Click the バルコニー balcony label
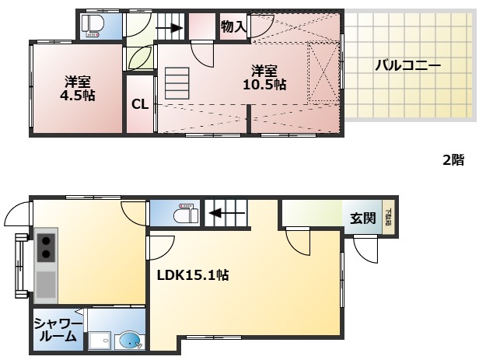click(x=407, y=66)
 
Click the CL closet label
click(x=140, y=103)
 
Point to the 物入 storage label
click(x=233, y=27)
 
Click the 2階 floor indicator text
click(x=453, y=160)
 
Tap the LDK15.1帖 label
click(x=193, y=274)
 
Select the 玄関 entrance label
click(x=362, y=218)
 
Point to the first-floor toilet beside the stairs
click(x=183, y=212)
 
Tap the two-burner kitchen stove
click(x=46, y=246)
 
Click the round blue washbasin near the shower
click(x=129, y=341)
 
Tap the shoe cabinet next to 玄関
click(x=387, y=218)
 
